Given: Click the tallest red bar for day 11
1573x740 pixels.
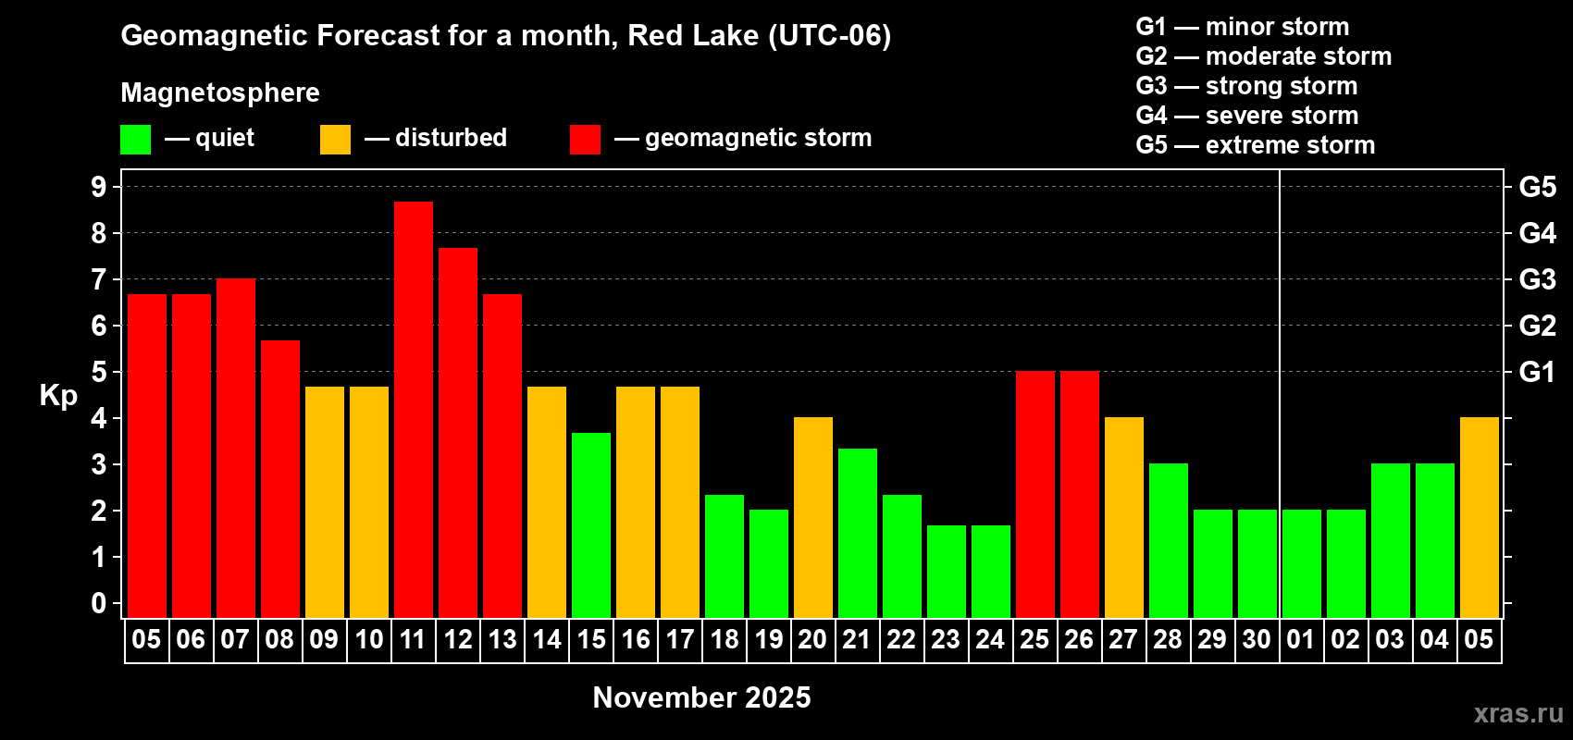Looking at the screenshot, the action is pyautogui.click(x=414, y=410).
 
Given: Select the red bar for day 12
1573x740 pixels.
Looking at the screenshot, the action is pyautogui.click(x=458, y=433).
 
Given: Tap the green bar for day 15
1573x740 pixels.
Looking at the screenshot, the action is pyautogui.click(x=591, y=525).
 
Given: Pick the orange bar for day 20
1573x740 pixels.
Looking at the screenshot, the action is pyautogui.click(x=813, y=517).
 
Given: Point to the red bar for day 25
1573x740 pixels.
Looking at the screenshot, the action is pyautogui.click(x=1035, y=494).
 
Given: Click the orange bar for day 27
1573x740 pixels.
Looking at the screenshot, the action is pyautogui.click(x=1124, y=517).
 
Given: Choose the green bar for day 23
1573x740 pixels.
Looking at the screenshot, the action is pyautogui.click(x=947, y=572).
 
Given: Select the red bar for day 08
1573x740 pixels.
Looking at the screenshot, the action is pyautogui.click(x=280, y=479).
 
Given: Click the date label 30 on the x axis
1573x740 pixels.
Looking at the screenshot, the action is pyautogui.click(x=1257, y=639).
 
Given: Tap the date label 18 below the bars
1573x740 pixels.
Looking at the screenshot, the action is pyautogui.click(x=724, y=639).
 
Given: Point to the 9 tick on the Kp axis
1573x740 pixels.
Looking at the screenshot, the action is pyautogui.click(x=98, y=187).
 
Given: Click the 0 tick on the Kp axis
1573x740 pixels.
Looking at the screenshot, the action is pyautogui.click(x=98, y=603).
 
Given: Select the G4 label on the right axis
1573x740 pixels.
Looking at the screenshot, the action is pyautogui.click(x=1537, y=233).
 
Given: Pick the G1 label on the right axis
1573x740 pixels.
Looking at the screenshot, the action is pyautogui.click(x=1537, y=372).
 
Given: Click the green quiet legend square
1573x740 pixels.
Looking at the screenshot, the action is pyautogui.click(x=135, y=139).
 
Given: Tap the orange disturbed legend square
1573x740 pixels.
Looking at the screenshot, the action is pyautogui.click(x=335, y=139).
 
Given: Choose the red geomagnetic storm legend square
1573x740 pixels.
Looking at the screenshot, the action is pyautogui.click(x=585, y=139).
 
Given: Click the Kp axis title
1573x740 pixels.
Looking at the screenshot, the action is pyautogui.click(x=58, y=396).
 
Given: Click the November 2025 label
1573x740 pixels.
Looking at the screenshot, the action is pyautogui.click(x=701, y=697).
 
